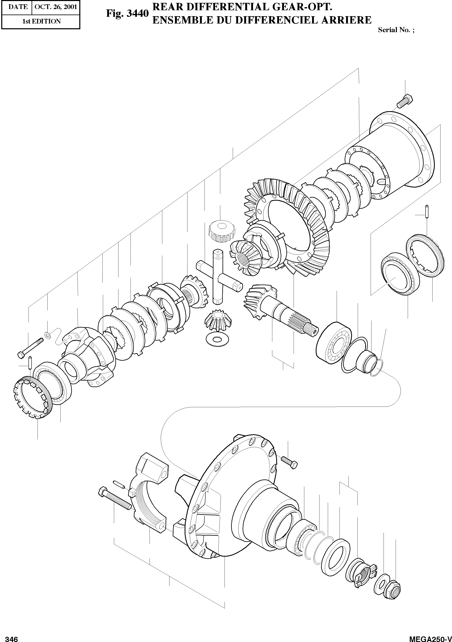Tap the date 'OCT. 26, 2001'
[56, 7]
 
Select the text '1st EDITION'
[41, 21]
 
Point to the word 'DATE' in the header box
[18, 7]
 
